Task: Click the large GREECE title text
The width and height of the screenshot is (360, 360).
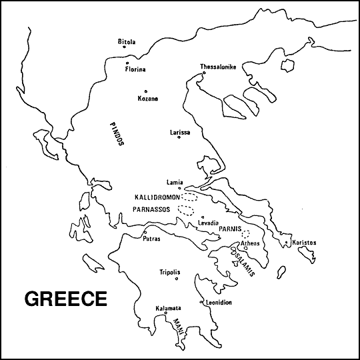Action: (x=65, y=298)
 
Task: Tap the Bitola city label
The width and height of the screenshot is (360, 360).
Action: (x=126, y=42)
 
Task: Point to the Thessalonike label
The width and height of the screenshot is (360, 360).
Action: (x=218, y=67)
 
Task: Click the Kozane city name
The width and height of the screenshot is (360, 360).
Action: (x=147, y=99)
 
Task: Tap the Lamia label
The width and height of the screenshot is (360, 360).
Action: (x=175, y=182)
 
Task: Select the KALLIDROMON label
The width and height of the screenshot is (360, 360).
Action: (x=157, y=198)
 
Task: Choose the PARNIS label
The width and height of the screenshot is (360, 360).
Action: (x=229, y=228)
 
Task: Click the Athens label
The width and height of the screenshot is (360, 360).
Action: (x=250, y=243)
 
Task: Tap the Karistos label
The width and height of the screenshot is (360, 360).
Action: (x=304, y=243)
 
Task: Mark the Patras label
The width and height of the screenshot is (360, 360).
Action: (x=151, y=239)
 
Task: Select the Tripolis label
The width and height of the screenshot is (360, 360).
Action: (x=169, y=272)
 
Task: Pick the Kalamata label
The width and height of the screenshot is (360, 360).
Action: (x=168, y=308)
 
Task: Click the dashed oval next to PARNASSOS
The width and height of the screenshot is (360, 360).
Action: (x=185, y=211)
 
